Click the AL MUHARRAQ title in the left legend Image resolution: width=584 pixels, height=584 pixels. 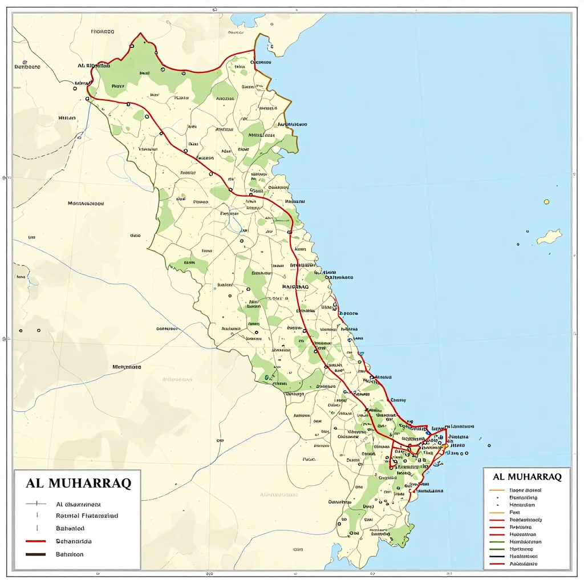point(79,483)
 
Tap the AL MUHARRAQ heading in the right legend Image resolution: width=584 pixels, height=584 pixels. point(526,476)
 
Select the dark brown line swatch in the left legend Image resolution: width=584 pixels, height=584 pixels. point(36,554)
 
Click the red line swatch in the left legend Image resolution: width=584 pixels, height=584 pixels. point(36,541)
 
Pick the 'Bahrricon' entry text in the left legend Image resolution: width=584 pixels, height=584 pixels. point(70,554)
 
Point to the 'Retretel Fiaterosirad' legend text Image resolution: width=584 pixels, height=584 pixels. point(87,516)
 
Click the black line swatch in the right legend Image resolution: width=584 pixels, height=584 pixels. point(497,556)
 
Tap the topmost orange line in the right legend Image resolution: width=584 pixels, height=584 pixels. point(497,490)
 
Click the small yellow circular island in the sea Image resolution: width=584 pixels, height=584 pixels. point(546,201)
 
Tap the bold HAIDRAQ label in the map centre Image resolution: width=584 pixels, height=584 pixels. point(295,287)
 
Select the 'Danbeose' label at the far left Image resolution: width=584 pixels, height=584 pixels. point(27,67)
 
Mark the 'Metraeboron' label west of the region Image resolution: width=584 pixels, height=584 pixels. point(86,203)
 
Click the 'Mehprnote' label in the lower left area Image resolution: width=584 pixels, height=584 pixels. point(126,367)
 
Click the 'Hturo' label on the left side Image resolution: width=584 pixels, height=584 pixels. point(67,118)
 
